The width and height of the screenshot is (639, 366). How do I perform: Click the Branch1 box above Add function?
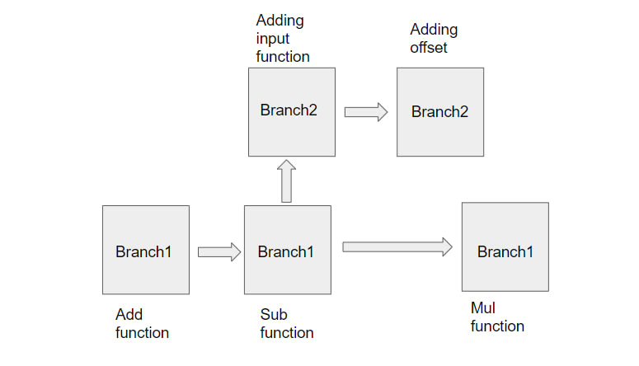[146, 250]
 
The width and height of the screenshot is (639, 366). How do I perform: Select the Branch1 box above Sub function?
[288, 250]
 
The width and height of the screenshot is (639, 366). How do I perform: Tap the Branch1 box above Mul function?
[505, 247]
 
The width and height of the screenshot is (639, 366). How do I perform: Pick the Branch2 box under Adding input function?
[292, 112]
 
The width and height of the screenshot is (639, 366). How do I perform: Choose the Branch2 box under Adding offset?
[440, 112]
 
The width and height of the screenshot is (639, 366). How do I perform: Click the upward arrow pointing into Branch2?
[286, 181]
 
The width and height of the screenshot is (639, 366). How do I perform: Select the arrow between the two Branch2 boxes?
[366, 112]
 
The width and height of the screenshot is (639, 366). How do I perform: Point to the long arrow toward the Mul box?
[397, 247]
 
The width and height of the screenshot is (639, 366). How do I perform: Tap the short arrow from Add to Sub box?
[219, 252]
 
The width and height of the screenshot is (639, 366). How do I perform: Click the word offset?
[428, 47]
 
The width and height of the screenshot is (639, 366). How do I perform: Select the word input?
[273, 39]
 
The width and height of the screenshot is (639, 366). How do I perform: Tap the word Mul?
[483, 307]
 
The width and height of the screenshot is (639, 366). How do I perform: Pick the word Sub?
[274, 314]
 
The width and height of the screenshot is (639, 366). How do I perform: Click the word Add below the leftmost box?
[129, 314]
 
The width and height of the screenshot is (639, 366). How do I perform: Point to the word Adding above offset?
[434, 30]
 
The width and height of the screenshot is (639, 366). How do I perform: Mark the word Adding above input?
[280, 21]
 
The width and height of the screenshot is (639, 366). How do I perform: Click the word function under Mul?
[497, 326]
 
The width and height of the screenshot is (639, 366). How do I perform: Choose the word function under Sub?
[287, 332]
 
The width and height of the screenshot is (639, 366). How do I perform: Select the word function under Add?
[142, 332]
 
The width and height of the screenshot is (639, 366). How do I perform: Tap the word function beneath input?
[283, 56]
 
